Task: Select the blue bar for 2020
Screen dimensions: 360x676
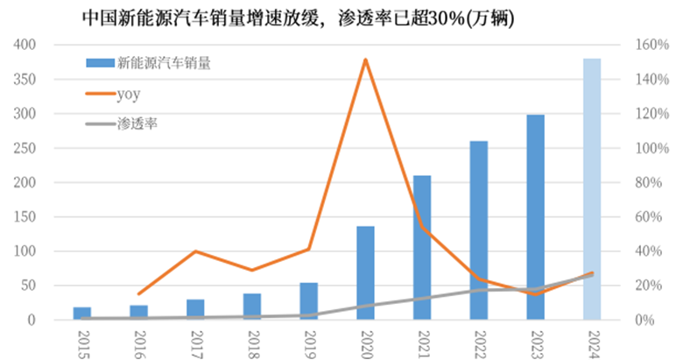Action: point(365,272)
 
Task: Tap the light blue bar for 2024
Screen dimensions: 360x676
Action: point(592,188)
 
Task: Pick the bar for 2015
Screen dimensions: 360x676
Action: point(81,314)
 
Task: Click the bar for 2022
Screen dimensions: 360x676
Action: point(479,230)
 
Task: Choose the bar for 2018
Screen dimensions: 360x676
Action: point(252,307)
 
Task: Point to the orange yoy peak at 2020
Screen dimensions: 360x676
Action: point(365,60)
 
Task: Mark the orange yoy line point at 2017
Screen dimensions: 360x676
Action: point(195,251)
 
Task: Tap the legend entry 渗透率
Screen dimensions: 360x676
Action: point(137,123)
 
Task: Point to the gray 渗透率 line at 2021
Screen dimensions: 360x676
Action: point(422,299)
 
